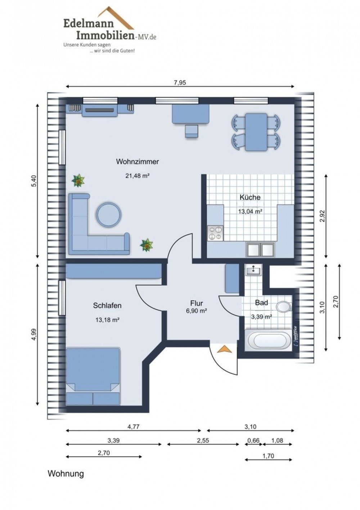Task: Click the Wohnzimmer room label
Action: [x=138, y=162]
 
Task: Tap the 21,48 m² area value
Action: [x=138, y=176]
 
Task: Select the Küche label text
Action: [x=250, y=197]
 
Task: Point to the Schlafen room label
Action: [x=107, y=305]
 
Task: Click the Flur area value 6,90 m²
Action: [x=197, y=311]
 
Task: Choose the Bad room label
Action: [x=261, y=303]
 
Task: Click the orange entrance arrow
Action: [x=224, y=349]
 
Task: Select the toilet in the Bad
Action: [x=284, y=307]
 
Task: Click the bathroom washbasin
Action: [x=253, y=270]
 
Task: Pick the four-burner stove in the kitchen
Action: [x=215, y=233]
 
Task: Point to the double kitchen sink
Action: [x=261, y=250]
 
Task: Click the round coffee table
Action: [x=108, y=215]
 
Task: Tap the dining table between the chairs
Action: [x=256, y=132]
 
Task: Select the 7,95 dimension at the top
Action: [x=180, y=82]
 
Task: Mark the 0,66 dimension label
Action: [x=253, y=440]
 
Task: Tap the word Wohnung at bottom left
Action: [x=66, y=474]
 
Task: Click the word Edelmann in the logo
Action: [x=89, y=24]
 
